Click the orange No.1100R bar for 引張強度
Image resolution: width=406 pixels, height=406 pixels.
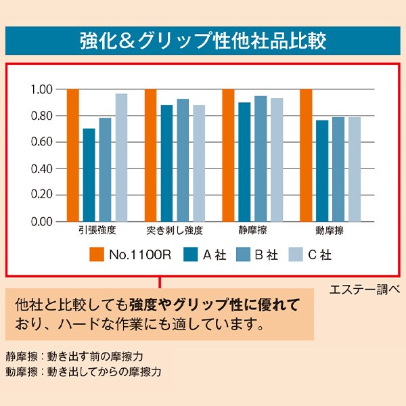tap(72, 155)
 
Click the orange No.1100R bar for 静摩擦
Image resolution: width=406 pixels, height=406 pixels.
tap(228, 155)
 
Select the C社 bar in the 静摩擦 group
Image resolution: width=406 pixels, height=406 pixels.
tap(277, 160)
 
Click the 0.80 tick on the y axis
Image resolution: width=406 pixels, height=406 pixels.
tap(41, 116)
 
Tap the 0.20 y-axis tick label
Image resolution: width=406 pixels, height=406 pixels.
tap(41, 195)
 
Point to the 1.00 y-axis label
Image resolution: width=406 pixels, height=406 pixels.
tap(41, 89)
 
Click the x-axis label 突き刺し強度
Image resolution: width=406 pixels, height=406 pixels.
tap(175, 231)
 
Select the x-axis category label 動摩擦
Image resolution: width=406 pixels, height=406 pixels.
tap(330, 231)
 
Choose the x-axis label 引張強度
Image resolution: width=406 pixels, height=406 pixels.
tap(97, 231)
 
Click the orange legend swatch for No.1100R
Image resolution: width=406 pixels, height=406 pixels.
tap(95, 254)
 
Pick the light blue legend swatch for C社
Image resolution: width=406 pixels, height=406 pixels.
tap(295, 254)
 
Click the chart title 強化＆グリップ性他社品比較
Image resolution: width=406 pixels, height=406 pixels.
tap(202, 40)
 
